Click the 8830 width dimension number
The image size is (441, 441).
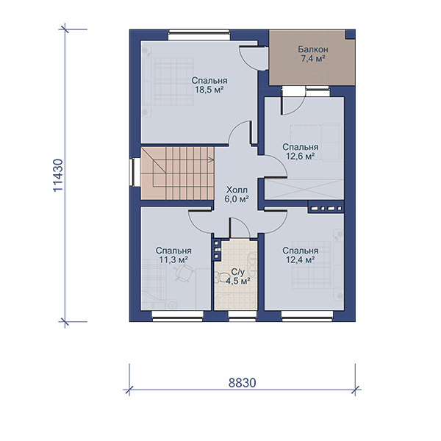(x=242, y=383)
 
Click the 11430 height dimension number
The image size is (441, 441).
(x=58, y=176)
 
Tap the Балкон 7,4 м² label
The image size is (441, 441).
(x=313, y=54)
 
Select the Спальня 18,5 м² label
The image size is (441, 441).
(x=209, y=85)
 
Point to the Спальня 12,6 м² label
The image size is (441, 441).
(x=301, y=151)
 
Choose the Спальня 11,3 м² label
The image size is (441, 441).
(x=173, y=255)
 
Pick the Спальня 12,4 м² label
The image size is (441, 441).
(x=301, y=255)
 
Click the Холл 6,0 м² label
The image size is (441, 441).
(x=237, y=194)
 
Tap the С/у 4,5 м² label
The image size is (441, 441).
(x=238, y=276)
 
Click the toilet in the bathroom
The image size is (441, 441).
(x=220, y=277)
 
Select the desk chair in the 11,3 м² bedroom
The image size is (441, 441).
(x=183, y=272)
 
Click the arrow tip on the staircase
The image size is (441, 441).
(x=213, y=160)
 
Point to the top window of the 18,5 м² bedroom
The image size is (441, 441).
(x=199, y=35)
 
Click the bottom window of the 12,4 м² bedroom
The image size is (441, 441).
(x=307, y=316)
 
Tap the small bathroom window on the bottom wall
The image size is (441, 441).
(x=242, y=316)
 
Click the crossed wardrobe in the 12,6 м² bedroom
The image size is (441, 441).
(x=304, y=190)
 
